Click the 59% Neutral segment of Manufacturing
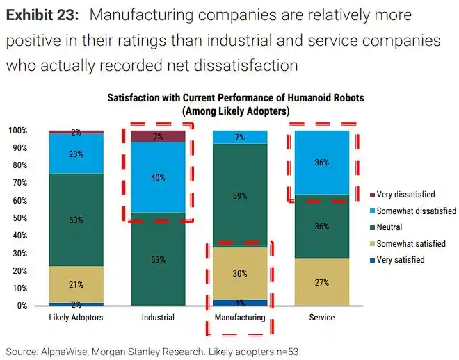click(239, 195)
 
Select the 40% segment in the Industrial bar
click(158, 177)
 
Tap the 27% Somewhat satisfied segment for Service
click(321, 282)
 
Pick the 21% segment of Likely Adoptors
click(76, 284)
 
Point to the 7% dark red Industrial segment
click(158, 136)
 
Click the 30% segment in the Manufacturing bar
click(239, 273)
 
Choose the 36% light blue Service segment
click(321, 163)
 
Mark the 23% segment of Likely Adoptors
click(76, 154)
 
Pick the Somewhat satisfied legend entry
click(411, 244)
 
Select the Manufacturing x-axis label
click(239, 318)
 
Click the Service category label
click(321, 318)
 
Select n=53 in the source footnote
click(287, 351)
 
